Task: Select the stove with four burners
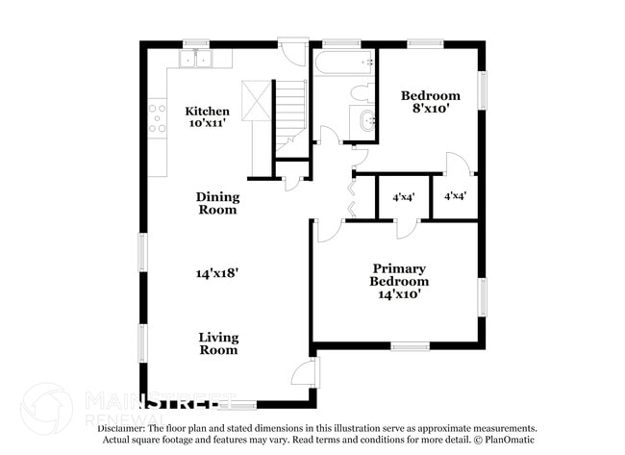coord(157,116)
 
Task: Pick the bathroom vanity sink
coord(365,121)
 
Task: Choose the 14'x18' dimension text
coord(217,273)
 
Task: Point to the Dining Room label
coord(217,203)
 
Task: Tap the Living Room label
coord(218,343)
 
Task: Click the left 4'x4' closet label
coord(403,197)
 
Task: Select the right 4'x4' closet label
coord(455,196)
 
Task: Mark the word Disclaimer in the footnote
coord(120,428)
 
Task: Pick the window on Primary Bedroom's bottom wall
coord(410,346)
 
